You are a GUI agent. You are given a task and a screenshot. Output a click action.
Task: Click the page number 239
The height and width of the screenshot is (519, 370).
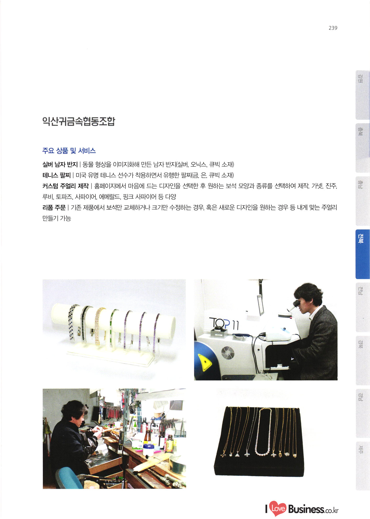point(333,28)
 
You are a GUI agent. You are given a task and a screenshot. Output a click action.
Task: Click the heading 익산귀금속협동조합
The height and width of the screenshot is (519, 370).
point(79,121)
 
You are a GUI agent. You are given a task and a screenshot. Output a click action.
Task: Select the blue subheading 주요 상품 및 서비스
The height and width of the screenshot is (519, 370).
point(69,151)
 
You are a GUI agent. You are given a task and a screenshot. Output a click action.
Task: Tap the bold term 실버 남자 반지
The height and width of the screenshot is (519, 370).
point(60,164)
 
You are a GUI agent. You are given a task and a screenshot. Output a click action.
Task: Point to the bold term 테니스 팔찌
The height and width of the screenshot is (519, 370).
point(57,175)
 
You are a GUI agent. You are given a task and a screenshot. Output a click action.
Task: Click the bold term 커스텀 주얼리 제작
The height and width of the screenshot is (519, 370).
point(66,186)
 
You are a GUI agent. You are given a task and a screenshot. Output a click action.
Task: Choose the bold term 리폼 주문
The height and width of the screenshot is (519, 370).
point(54,207)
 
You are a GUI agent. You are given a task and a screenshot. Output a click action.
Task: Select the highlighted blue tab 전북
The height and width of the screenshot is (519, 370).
point(362,254)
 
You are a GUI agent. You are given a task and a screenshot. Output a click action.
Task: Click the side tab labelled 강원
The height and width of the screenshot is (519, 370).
point(362,95)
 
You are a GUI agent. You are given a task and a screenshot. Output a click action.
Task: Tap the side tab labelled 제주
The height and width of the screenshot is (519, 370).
point(362,466)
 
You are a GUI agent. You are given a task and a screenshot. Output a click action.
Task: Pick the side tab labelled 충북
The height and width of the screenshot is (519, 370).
point(362,148)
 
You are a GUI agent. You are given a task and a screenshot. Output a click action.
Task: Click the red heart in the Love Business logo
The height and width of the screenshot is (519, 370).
point(278,508)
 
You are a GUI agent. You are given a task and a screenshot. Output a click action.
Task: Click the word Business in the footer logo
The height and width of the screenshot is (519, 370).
point(306,509)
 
